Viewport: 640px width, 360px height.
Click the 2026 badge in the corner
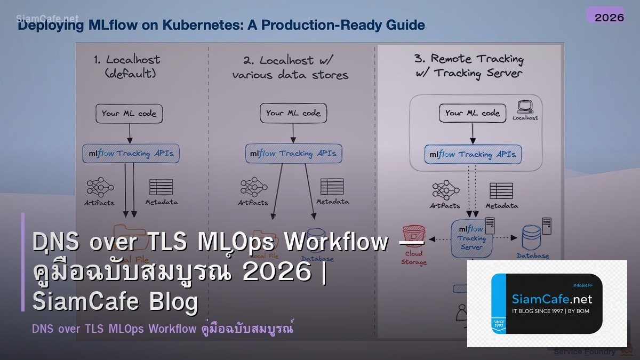pos(609,17)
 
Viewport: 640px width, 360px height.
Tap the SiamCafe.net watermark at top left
pos(47,19)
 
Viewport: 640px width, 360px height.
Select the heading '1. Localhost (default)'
pos(126,66)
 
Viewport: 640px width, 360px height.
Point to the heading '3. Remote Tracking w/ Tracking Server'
pos(469,66)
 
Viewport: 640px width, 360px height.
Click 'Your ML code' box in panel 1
pos(129,113)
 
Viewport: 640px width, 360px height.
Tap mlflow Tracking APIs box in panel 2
pos(293,154)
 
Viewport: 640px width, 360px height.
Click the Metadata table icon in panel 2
pos(332,187)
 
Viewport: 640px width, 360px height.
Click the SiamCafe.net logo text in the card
pos(551,299)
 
